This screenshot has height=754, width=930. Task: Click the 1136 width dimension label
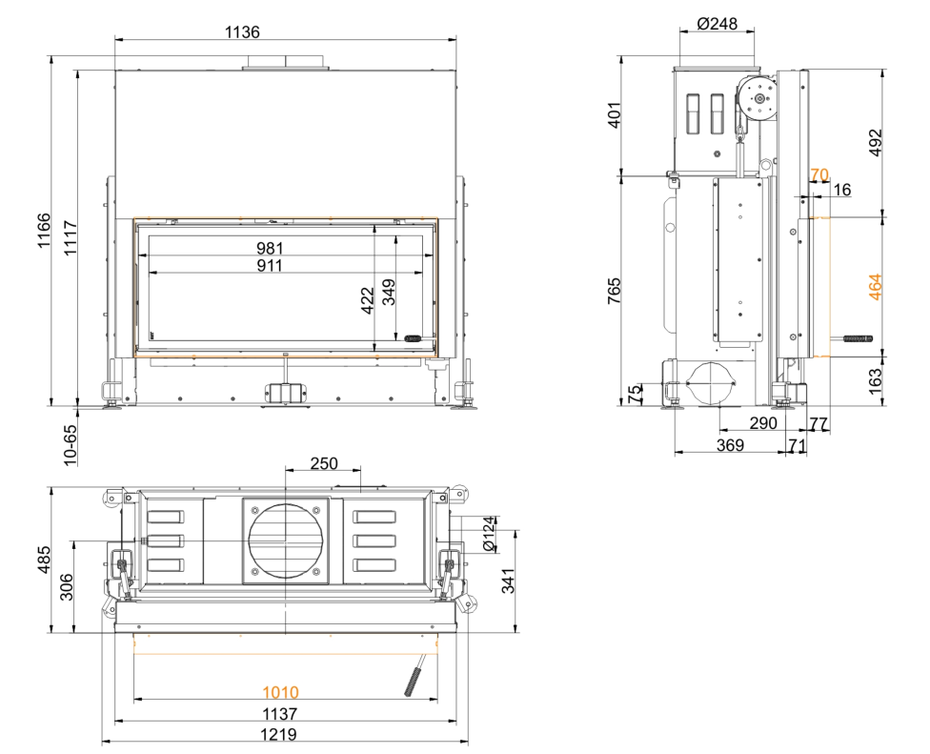(x=242, y=31)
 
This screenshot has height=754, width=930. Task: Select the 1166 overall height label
(x=44, y=231)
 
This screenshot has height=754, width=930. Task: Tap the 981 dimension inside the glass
(x=270, y=248)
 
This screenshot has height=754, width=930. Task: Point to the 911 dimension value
(x=270, y=265)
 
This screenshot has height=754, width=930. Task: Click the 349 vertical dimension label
(x=389, y=292)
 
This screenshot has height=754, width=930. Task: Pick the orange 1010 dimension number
(x=280, y=692)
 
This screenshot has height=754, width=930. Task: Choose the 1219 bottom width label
(x=279, y=734)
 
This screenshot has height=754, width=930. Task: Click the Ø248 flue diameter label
(x=718, y=24)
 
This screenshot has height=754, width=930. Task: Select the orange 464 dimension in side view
(x=875, y=287)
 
